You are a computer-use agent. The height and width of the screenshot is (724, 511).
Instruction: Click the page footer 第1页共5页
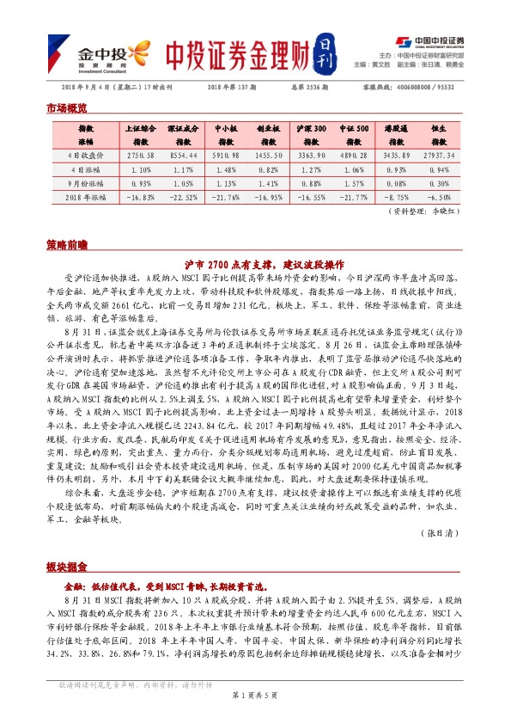pyautogui.click(x=255, y=717)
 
